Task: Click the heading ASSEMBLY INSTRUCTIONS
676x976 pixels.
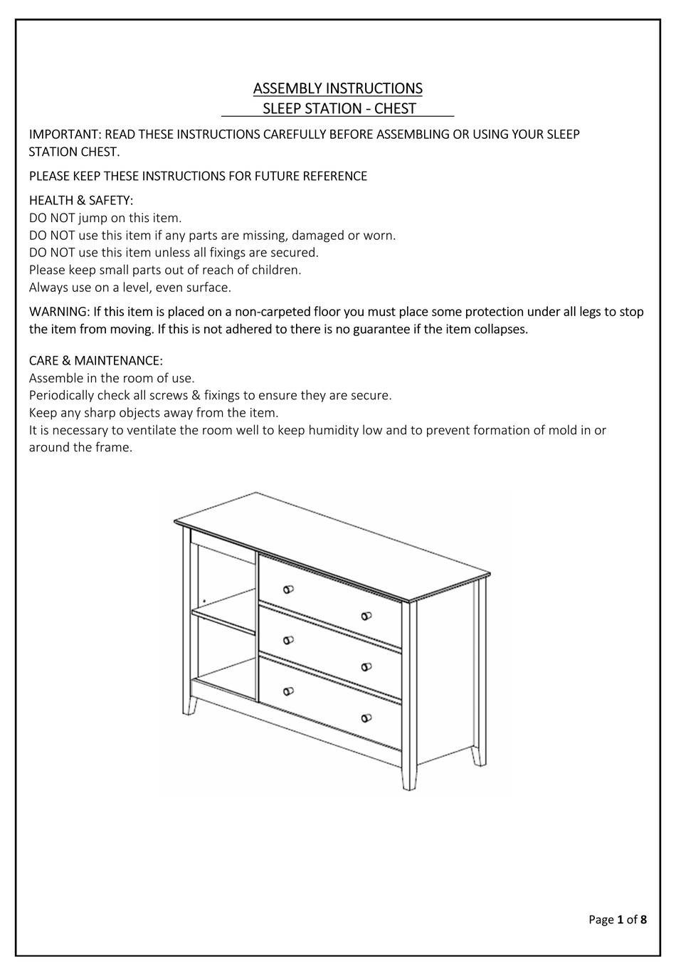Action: pyautogui.click(x=337, y=88)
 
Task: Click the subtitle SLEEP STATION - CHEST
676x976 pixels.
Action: pyautogui.click(x=339, y=109)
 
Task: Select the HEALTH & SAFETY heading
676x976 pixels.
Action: pyautogui.click(x=81, y=201)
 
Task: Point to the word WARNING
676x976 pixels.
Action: pyautogui.click(x=59, y=312)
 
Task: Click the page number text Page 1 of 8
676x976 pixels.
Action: pyautogui.click(x=618, y=919)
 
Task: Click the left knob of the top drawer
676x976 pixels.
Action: pyautogui.click(x=288, y=589)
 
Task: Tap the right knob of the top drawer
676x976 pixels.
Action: pyautogui.click(x=366, y=616)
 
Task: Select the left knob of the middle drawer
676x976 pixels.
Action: pyautogui.click(x=288, y=639)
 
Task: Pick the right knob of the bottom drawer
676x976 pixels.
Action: pyautogui.click(x=366, y=718)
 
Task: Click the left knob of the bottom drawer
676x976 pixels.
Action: pyautogui.click(x=288, y=691)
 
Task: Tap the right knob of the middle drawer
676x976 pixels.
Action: pyautogui.click(x=366, y=666)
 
